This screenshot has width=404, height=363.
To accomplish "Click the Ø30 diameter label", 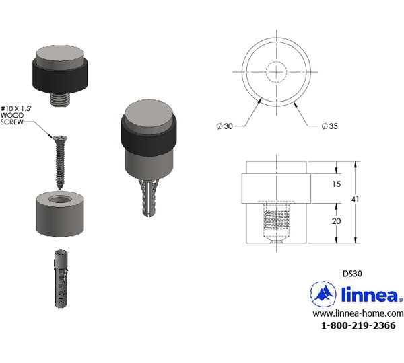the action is [x=224, y=126].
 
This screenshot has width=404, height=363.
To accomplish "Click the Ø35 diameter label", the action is [x=329, y=126].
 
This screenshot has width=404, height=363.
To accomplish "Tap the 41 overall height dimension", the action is [x=355, y=199].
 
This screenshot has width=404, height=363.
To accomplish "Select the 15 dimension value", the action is [x=336, y=184].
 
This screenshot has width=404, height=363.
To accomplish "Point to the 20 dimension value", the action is [x=336, y=221].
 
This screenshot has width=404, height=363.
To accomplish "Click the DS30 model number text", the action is [x=352, y=274].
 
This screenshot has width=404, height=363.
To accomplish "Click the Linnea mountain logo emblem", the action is [x=323, y=294].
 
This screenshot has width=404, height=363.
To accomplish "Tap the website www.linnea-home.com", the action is [x=358, y=313].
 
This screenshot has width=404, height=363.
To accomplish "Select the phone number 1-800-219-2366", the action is [x=358, y=325].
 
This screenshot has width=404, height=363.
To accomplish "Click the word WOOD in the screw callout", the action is [x=12, y=115].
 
